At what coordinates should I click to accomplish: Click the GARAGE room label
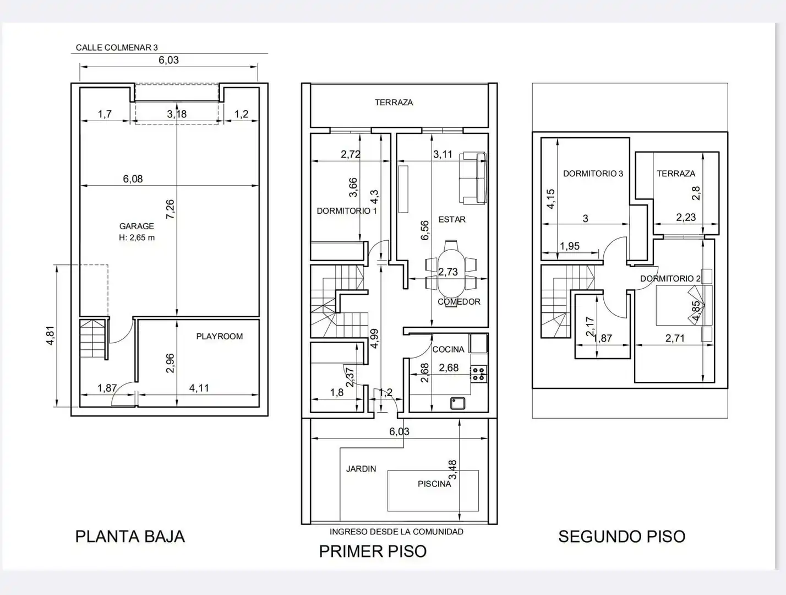137,226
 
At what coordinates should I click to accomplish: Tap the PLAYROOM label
220,336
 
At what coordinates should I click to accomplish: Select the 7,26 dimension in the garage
171,209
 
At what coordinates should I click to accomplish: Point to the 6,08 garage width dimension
133,178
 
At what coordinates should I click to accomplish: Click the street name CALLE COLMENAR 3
117,47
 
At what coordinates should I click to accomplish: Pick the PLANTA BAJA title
130,537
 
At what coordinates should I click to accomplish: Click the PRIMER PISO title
373,551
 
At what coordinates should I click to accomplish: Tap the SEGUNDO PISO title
622,537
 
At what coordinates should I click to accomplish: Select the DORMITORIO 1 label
347,211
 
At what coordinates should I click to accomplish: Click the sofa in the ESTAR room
473,178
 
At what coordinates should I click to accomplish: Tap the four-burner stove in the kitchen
479,374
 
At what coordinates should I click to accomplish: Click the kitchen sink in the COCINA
457,403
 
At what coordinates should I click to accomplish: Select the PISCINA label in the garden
434,484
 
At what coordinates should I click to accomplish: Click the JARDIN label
361,469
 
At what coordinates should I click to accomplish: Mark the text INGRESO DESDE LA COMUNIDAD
396,532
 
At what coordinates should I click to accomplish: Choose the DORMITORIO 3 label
593,174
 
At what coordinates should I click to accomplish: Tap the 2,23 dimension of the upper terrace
686,217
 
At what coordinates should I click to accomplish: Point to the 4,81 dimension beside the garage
51,336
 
